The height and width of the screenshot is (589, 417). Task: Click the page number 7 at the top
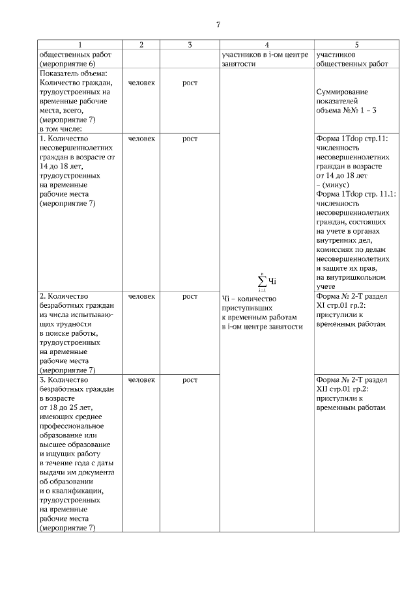(x=218, y=25)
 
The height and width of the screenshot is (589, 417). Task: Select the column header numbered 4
(x=266, y=45)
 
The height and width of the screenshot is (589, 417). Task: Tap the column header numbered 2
(x=141, y=45)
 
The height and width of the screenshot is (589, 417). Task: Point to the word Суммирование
(x=337, y=92)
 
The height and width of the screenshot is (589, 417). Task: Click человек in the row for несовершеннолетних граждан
(x=141, y=139)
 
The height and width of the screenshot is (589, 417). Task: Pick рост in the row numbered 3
(x=190, y=379)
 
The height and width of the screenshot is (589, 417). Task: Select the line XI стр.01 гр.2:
(x=341, y=305)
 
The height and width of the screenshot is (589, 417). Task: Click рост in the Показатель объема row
(x=190, y=83)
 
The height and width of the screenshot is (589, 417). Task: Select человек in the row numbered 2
(x=141, y=296)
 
